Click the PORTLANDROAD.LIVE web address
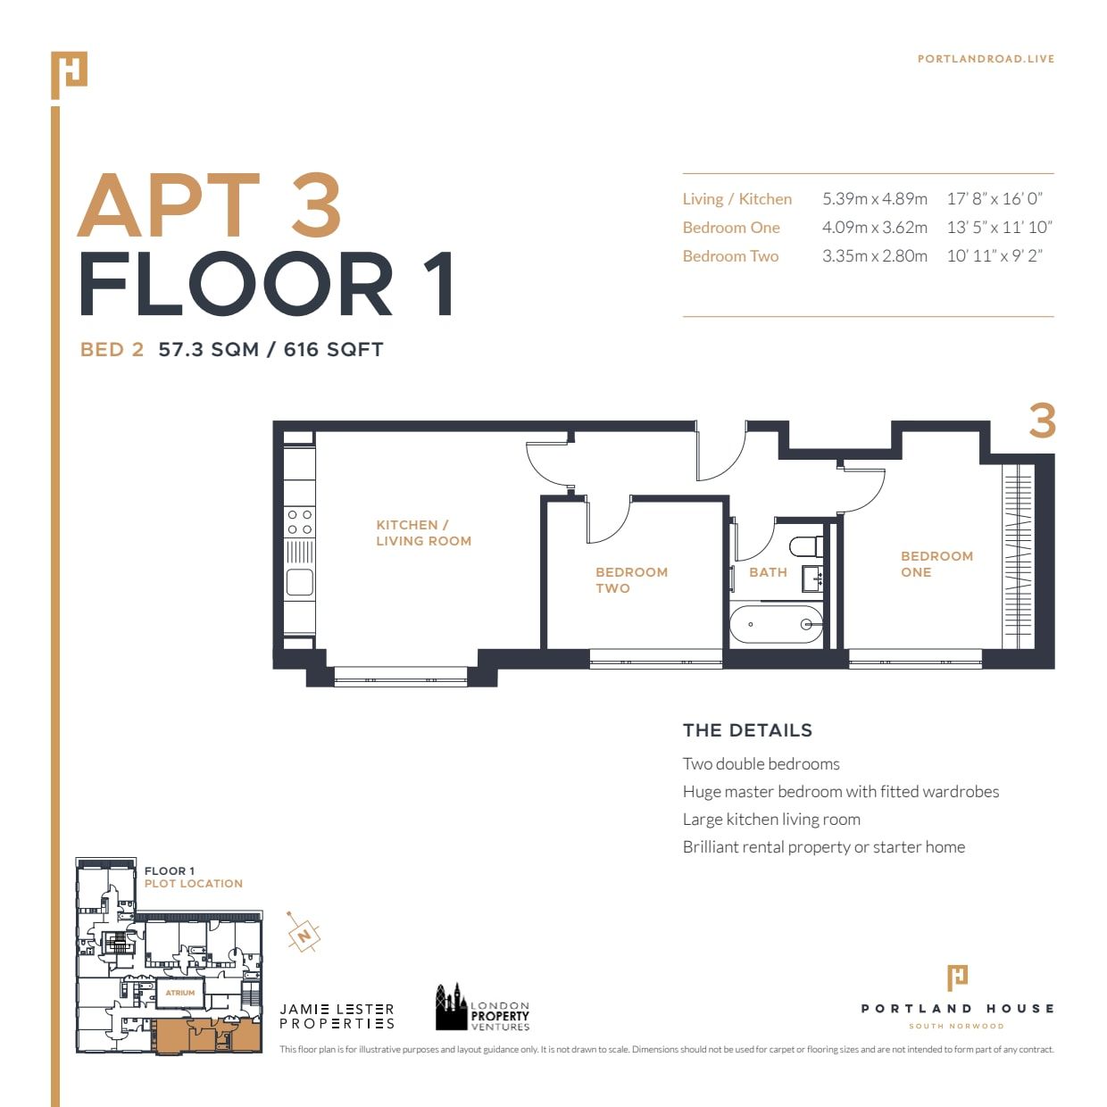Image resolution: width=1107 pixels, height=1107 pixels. pyautogui.click(x=986, y=59)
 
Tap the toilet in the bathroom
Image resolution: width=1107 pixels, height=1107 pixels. pyautogui.click(x=805, y=545)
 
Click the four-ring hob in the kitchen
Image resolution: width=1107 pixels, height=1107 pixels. pyautogui.click(x=299, y=522)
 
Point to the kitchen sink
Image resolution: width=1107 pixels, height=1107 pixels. pyautogui.click(x=299, y=583)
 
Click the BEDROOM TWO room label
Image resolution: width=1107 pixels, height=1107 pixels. pyautogui.click(x=631, y=579)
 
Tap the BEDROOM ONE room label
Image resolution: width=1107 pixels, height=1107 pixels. pyautogui.click(x=936, y=563)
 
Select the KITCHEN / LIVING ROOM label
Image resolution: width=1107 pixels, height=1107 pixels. pyautogui.click(x=423, y=533)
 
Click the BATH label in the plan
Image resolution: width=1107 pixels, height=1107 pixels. pyautogui.click(x=768, y=572)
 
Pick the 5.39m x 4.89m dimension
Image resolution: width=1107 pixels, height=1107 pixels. pyautogui.click(x=874, y=199)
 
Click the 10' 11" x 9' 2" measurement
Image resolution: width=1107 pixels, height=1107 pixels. pyautogui.click(x=995, y=256)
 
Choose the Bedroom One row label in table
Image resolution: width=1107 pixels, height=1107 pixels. pyautogui.click(x=731, y=228)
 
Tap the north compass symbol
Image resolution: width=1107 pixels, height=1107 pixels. pyautogui.click(x=304, y=935)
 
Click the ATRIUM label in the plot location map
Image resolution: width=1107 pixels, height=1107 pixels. pyautogui.click(x=180, y=993)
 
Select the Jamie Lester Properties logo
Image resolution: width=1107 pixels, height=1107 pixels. pyautogui.click(x=337, y=1016)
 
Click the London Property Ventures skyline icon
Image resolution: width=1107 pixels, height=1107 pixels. pyautogui.click(x=451, y=1008)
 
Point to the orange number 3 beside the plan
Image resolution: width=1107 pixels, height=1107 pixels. pyautogui.click(x=1042, y=420)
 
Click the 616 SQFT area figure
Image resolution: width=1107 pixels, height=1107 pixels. pyautogui.click(x=333, y=350)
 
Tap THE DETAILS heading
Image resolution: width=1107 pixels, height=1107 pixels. pyautogui.click(x=747, y=730)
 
